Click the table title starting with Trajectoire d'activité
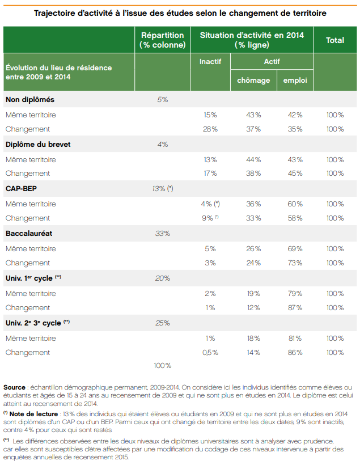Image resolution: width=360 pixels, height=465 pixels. [180, 12]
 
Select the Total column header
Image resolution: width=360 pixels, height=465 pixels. [334, 40]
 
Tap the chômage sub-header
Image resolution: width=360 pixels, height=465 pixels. [253, 81]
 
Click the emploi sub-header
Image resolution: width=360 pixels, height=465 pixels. [295, 81]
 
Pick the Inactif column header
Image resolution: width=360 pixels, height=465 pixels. [210, 61]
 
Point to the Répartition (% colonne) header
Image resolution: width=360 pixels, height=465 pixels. [163, 40]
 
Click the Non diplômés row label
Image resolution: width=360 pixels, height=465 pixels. [30, 100]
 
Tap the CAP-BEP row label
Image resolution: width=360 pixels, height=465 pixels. [21, 189]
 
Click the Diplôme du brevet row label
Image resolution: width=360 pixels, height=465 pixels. [38, 145]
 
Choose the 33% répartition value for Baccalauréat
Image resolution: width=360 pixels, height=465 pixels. [163, 233]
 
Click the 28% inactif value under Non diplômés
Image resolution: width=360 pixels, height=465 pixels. [210, 129]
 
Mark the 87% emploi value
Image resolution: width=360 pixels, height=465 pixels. [295, 308]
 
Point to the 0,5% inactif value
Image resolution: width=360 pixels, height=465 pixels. [210, 353]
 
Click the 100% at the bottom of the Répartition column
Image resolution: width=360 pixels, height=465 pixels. [163, 366]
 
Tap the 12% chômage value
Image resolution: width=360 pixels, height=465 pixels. [253, 308]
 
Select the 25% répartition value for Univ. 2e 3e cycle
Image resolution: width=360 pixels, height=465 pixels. [163, 323]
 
